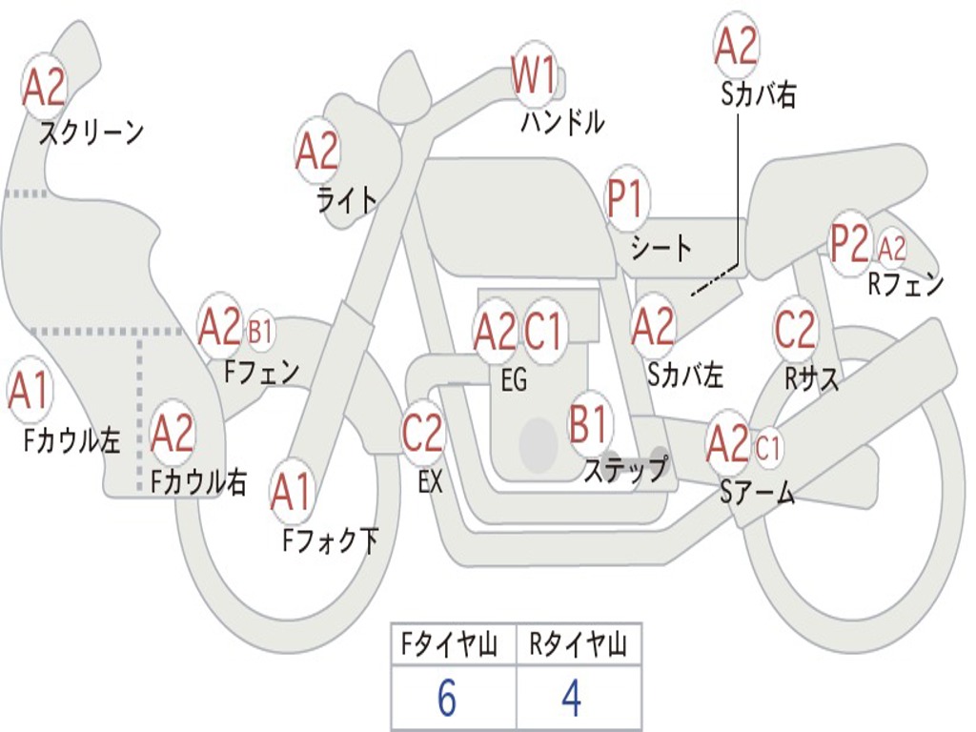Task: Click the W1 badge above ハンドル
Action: pyautogui.click(x=534, y=75)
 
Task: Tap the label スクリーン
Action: pyautogui.click(x=91, y=132)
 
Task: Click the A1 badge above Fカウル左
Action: pyautogui.click(x=29, y=392)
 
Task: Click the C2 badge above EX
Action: pyautogui.click(x=422, y=435)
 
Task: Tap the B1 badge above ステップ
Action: pyautogui.click(x=590, y=422)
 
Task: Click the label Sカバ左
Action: pyautogui.click(x=685, y=375)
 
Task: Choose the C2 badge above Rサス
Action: pyautogui.click(x=795, y=330)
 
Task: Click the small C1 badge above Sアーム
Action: pyautogui.click(x=768, y=446)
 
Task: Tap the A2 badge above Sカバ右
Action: pyautogui.click(x=736, y=46)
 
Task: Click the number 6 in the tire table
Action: pyautogui.click(x=447, y=700)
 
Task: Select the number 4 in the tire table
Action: pyautogui.click(x=571, y=700)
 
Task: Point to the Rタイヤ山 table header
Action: pyautogui.click(x=579, y=646)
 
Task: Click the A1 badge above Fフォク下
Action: pyautogui.click(x=291, y=493)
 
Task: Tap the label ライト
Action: pyautogui.click(x=346, y=199)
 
